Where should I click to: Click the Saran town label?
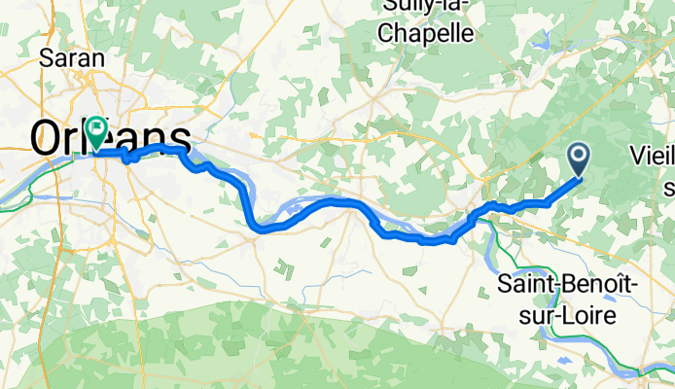click(72, 57)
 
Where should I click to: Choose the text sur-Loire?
click(568, 313)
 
